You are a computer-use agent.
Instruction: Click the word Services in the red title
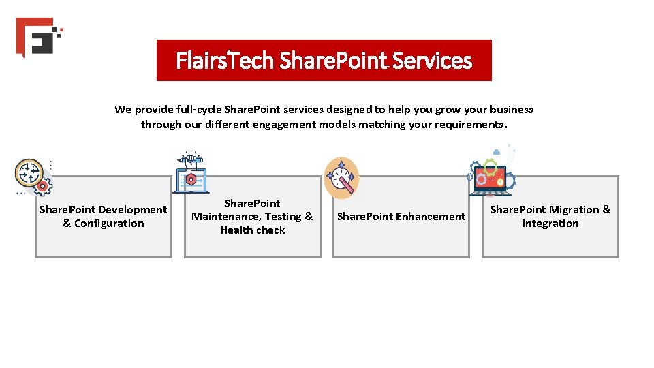tap(432, 61)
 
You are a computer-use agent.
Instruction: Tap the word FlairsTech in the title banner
tap(224, 61)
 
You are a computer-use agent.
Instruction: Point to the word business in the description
tap(510, 110)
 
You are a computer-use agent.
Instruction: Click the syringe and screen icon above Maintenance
tap(191, 170)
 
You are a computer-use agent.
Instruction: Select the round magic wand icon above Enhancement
tap(341, 178)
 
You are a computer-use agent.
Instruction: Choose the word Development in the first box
tap(132, 210)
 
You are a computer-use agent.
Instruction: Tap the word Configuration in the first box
tap(109, 224)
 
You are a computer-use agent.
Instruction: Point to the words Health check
tap(252, 230)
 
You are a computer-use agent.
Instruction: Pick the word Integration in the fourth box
tap(550, 224)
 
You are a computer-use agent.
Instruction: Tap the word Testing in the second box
tap(282, 217)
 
